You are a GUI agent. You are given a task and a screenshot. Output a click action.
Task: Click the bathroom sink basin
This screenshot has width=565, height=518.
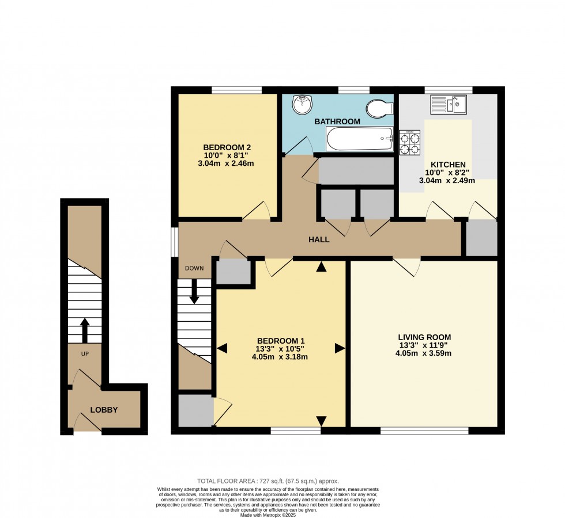click(x=302, y=104)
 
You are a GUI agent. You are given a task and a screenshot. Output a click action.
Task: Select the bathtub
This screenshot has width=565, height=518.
click(x=360, y=139)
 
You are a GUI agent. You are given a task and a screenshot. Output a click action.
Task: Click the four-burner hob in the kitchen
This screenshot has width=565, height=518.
click(x=410, y=143)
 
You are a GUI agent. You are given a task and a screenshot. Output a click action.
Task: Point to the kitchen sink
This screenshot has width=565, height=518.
click(x=449, y=104)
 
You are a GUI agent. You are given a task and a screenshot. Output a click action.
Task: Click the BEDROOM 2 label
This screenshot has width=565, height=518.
click(x=227, y=147)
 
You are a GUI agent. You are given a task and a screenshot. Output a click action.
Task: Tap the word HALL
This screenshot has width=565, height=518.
click(x=319, y=239)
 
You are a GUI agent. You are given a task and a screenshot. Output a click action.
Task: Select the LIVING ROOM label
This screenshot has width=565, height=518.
click(x=424, y=337)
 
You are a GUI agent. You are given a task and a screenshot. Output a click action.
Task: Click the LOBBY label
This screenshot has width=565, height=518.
click(x=104, y=410)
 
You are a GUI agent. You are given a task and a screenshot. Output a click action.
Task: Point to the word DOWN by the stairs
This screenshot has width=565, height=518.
click(x=194, y=268)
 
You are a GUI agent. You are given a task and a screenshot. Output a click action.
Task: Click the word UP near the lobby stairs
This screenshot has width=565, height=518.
click(x=85, y=354)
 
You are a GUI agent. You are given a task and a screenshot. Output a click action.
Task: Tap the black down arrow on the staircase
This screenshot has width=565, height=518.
click(x=194, y=291)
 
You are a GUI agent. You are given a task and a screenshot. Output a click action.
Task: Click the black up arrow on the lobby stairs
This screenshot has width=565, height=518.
click(x=85, y=330)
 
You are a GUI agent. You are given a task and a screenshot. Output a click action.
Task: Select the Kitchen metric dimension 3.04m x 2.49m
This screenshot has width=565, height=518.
click(x=447, y=181)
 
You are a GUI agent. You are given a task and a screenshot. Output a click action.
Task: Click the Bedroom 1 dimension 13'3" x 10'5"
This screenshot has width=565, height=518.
click(x=281, y=349)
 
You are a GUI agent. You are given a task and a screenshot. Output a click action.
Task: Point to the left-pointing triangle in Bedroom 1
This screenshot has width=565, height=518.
click(x=223, y=348)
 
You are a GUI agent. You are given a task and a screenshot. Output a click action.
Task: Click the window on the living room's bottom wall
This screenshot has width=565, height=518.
click(x=424, y=431)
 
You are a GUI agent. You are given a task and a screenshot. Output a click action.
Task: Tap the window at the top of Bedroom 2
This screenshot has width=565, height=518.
click(x=236, y=90)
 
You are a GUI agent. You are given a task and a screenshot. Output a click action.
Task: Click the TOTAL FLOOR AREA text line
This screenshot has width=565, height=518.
click(x=268, y=481)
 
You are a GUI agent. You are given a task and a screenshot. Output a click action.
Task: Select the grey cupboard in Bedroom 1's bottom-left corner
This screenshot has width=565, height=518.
click(x=196, y=410)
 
